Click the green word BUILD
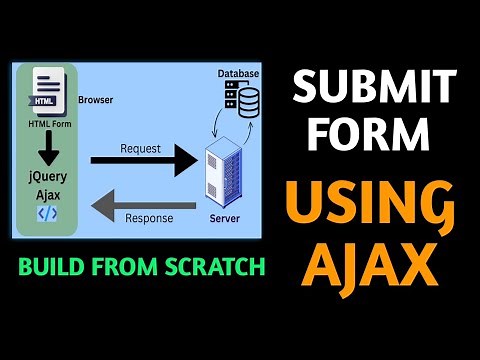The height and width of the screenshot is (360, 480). coord(61,267)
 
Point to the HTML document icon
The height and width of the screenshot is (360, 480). coord(48,91)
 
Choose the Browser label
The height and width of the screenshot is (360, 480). coord(95,100)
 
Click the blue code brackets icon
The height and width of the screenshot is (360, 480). coord(47,213)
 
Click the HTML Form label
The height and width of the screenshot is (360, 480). coord(48,123)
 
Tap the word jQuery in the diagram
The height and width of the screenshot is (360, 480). coord(47,177)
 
